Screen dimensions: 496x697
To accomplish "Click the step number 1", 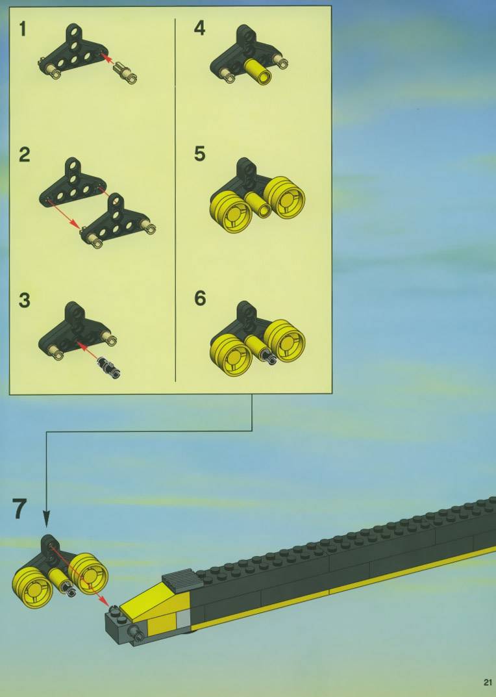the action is point(23,29).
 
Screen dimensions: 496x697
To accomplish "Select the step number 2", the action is point(25,155).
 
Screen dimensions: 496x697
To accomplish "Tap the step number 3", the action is point(25,300).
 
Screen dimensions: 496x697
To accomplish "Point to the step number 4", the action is point(199,29).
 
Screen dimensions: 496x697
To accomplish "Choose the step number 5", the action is point(200,154).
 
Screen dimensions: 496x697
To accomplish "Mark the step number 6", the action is point(200,298).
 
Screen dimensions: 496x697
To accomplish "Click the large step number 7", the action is point(19,509).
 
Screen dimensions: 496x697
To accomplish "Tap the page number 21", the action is point(488,682).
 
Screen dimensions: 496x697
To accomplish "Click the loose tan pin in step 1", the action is point(125,73).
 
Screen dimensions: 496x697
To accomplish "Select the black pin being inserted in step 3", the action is point(108,367).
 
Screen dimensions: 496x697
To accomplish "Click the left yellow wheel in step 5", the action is point(231,212).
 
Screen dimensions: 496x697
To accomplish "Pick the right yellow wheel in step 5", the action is point(285,197).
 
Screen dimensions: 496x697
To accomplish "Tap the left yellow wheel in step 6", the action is point(230,355).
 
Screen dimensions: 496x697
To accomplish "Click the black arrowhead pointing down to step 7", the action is point(46,518).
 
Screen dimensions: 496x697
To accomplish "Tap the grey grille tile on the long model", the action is point(180,579).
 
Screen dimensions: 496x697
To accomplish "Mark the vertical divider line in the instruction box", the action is point(175,200).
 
